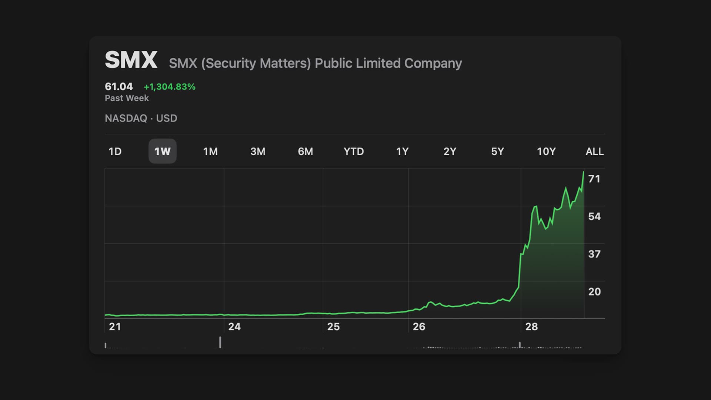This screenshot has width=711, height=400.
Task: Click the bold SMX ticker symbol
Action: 131,60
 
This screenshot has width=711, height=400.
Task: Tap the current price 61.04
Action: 118,87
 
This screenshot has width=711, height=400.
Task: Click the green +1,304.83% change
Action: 170,87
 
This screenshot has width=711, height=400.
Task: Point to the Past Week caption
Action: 127,98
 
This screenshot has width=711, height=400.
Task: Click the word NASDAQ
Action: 126,119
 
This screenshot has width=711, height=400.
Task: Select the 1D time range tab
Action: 115,151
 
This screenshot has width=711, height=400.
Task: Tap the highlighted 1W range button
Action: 162,151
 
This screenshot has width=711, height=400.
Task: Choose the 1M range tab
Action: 210,151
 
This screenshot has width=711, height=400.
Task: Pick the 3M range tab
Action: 258,151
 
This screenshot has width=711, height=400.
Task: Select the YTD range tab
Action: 354,151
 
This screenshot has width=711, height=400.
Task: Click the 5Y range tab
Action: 497,151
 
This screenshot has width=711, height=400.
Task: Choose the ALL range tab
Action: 594,151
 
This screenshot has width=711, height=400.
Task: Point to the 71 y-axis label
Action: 594,179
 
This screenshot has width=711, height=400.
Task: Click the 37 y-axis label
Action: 594,254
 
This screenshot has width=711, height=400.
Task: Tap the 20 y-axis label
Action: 594,292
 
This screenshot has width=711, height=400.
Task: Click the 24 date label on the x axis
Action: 234,327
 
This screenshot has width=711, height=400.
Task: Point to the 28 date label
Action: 531,327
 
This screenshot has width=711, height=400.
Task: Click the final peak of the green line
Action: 584,172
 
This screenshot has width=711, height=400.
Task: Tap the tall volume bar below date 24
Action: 220,342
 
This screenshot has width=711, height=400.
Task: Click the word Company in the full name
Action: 433,63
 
